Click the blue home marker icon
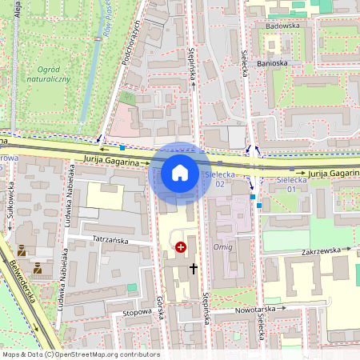coord(180,173)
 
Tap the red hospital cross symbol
coord(181,248)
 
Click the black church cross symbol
coord(194,269)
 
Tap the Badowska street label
coord(281,25)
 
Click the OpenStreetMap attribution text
coord(81,354)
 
